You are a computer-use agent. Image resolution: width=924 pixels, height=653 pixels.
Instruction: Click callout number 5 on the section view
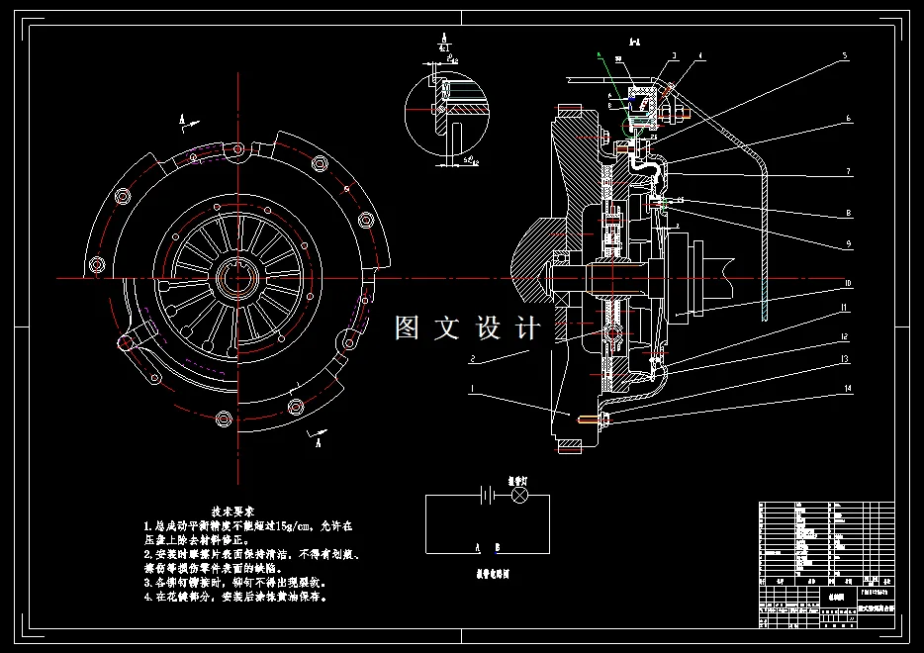[x=846, y=57]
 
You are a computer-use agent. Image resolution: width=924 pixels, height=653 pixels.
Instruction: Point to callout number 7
[x=848, y=171]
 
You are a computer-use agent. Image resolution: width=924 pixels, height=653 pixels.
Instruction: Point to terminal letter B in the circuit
[x=498, y=546]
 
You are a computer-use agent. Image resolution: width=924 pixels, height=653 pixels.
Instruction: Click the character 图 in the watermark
[x=407, y=326]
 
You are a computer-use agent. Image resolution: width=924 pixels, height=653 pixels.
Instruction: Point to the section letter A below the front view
[x=318, y=444]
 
